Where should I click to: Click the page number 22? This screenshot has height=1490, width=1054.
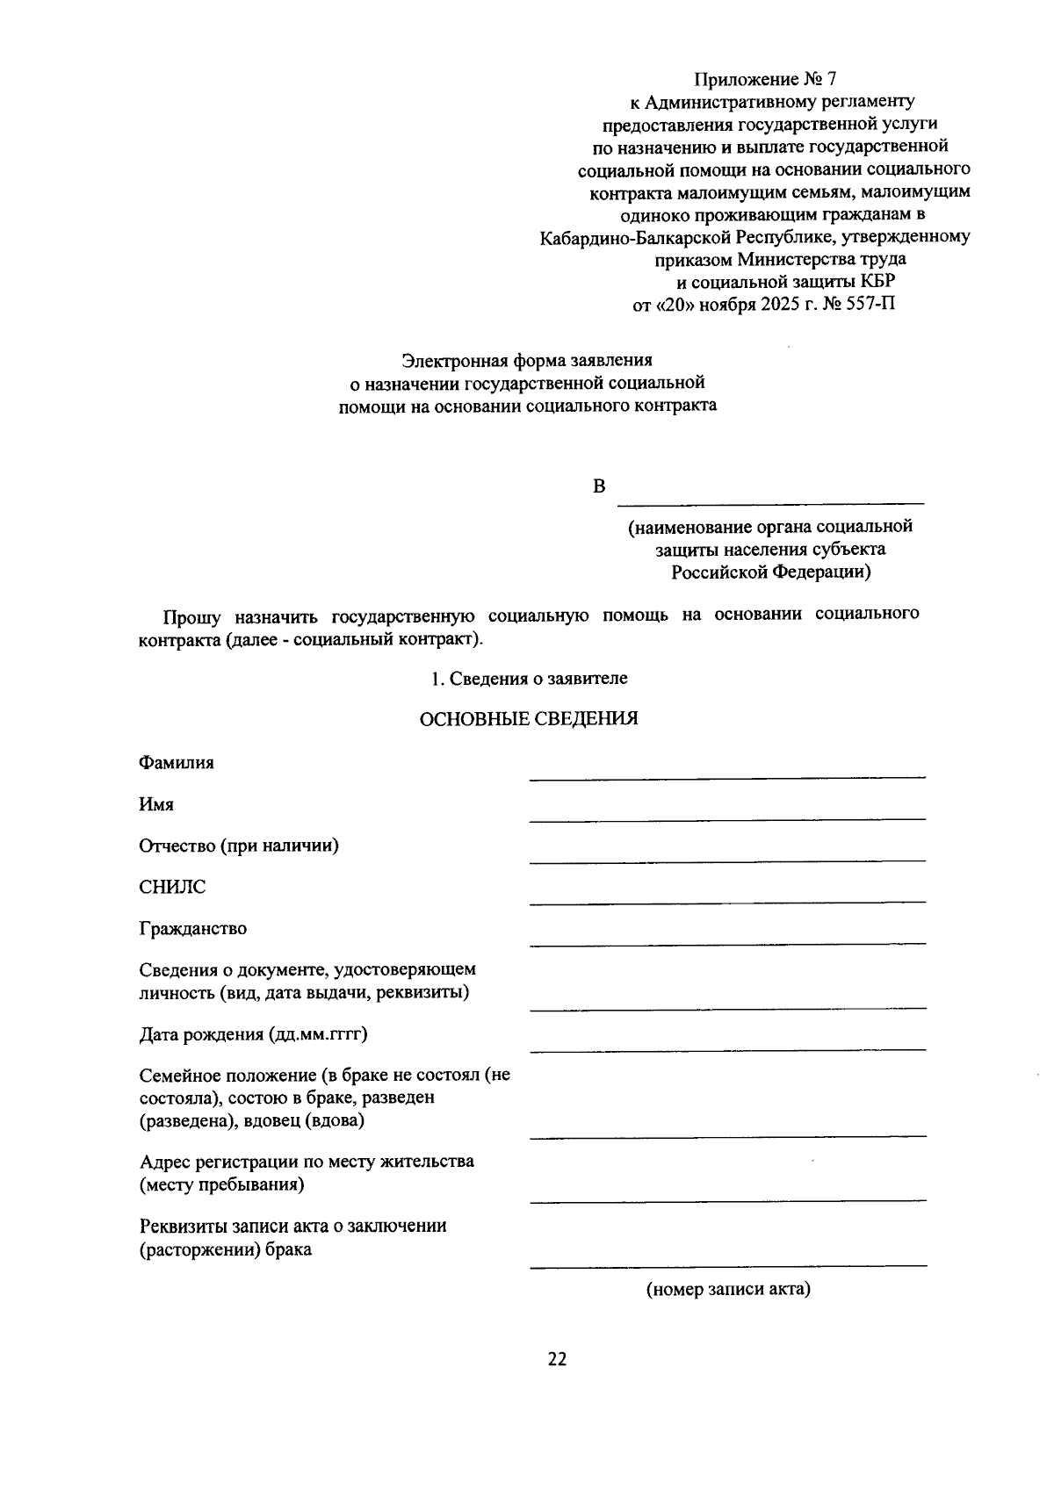557,1359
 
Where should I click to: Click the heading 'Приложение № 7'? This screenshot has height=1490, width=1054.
760,80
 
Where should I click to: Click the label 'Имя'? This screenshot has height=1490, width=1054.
156,804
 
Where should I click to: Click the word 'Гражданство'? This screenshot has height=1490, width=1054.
192,928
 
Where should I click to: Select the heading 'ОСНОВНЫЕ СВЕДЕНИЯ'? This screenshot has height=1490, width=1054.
529,719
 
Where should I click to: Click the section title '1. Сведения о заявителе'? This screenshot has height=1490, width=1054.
529,679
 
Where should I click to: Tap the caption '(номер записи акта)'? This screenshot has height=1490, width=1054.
728,1290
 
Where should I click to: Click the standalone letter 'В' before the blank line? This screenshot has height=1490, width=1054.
599,486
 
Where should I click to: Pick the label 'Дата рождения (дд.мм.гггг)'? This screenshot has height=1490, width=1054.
253,1033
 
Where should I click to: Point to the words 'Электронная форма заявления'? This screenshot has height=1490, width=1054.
527,360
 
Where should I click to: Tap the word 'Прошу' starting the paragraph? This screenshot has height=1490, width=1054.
191,615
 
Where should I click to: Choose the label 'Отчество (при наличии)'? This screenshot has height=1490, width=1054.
239,846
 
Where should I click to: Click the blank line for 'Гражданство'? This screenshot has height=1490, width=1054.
727,942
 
